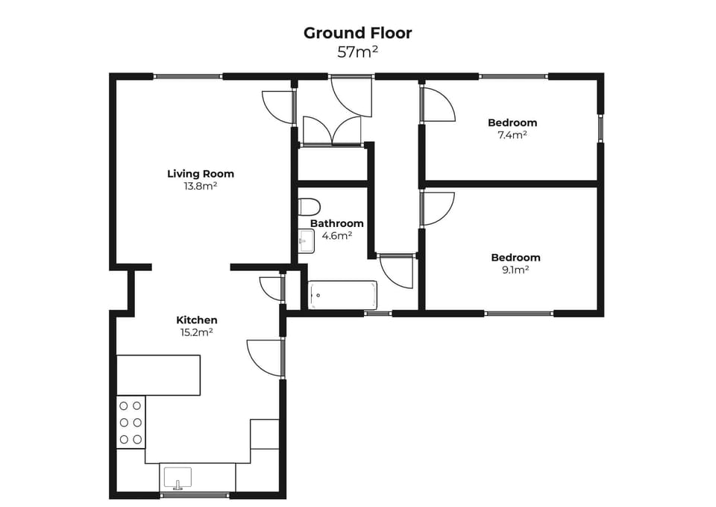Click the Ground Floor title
357,33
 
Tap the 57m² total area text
357,52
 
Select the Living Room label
201,174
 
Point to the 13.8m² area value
201,186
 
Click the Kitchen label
196,320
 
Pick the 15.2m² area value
196,332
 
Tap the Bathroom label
337,223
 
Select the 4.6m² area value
337,235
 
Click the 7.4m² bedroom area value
512,135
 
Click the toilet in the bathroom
309,207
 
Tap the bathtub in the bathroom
343,295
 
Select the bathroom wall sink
307,241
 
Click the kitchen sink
178,476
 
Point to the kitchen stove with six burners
131,423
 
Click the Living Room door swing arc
277,107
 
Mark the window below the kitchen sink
195,495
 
